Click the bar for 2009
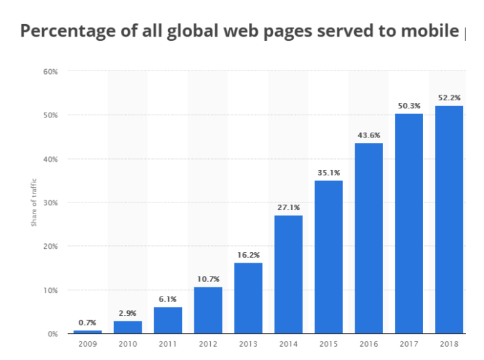tap(88, 332)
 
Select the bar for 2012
tap(208, 310)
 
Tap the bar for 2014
tap(288, 274)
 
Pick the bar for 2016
tap(369, 238)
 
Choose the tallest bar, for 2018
tap(449, 219)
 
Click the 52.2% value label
tap(449, 97)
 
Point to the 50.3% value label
tap(409, 106)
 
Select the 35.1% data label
tap(328, 173)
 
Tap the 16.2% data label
tap(248, 255)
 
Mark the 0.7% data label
tap(88, 323)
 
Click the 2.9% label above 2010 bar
tap(128, 313)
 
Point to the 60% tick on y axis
tap(50, 71)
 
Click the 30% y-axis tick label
tap(50, 202)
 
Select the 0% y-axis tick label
tap(53, 334)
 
